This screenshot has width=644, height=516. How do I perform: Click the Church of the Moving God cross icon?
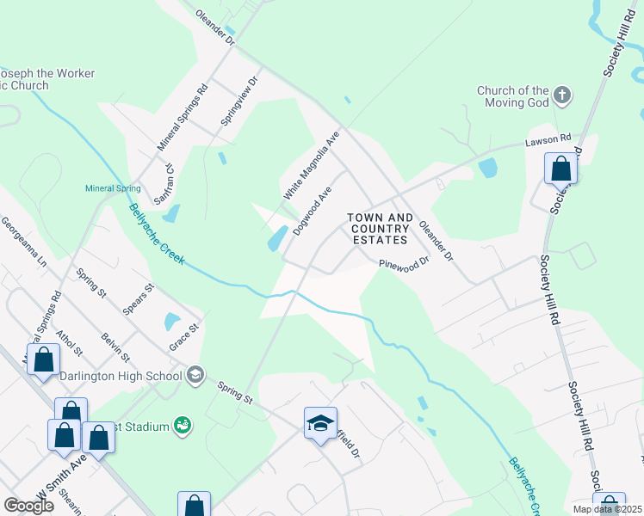562,95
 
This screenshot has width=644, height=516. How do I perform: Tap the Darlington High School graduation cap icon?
195,374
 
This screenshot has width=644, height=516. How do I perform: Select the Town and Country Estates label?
380,229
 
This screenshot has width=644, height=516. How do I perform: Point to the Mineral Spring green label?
112,188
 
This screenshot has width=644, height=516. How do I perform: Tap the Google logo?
28,506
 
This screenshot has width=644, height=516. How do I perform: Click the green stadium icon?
181,424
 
